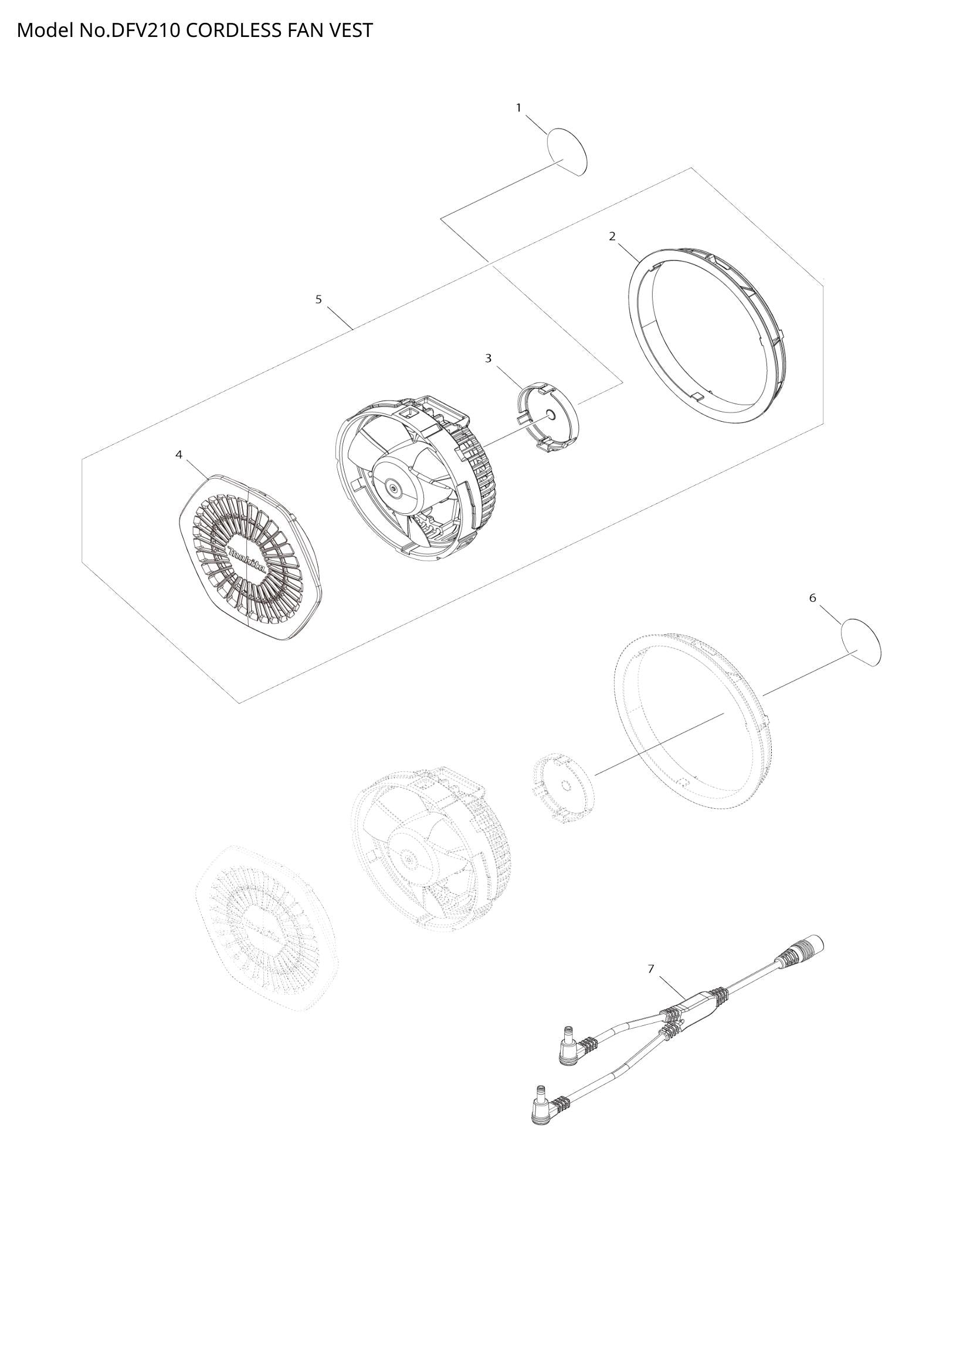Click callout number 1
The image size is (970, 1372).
pyautogui.click(x=518, y=107)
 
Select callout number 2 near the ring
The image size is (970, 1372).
pyautogui.click(x=612, y=236)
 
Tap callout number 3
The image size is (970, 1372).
pyautogui.click(x=488, y=358)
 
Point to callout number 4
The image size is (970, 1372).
pyautogui.click(x=179, y=455)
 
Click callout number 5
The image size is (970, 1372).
pyautogui.click(x=318, y=299)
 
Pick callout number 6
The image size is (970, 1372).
pyautogui.click(x=813, y=598)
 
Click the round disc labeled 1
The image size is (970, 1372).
pyautogui.click(x=568, y=151)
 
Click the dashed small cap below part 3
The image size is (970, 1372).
pyautogui.click(x=562, y=789)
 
